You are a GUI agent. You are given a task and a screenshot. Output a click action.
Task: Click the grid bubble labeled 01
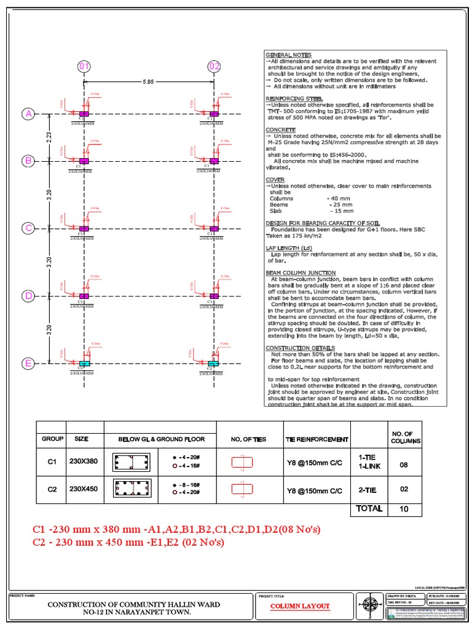84,66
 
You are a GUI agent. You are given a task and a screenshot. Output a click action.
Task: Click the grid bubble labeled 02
214,66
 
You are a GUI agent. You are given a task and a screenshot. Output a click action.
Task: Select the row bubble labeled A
28,114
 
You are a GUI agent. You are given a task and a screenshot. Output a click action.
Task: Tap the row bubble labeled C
28,228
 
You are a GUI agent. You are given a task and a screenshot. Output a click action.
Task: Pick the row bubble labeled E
28,364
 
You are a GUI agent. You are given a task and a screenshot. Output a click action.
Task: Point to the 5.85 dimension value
149,80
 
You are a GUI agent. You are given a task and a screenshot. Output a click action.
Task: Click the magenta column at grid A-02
214,114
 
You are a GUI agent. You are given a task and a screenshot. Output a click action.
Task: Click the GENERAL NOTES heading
288,55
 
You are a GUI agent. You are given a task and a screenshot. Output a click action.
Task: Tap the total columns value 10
404,509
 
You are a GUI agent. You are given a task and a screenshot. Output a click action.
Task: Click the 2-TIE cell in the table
368,490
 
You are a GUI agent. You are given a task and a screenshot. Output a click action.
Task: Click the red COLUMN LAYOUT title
301,606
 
